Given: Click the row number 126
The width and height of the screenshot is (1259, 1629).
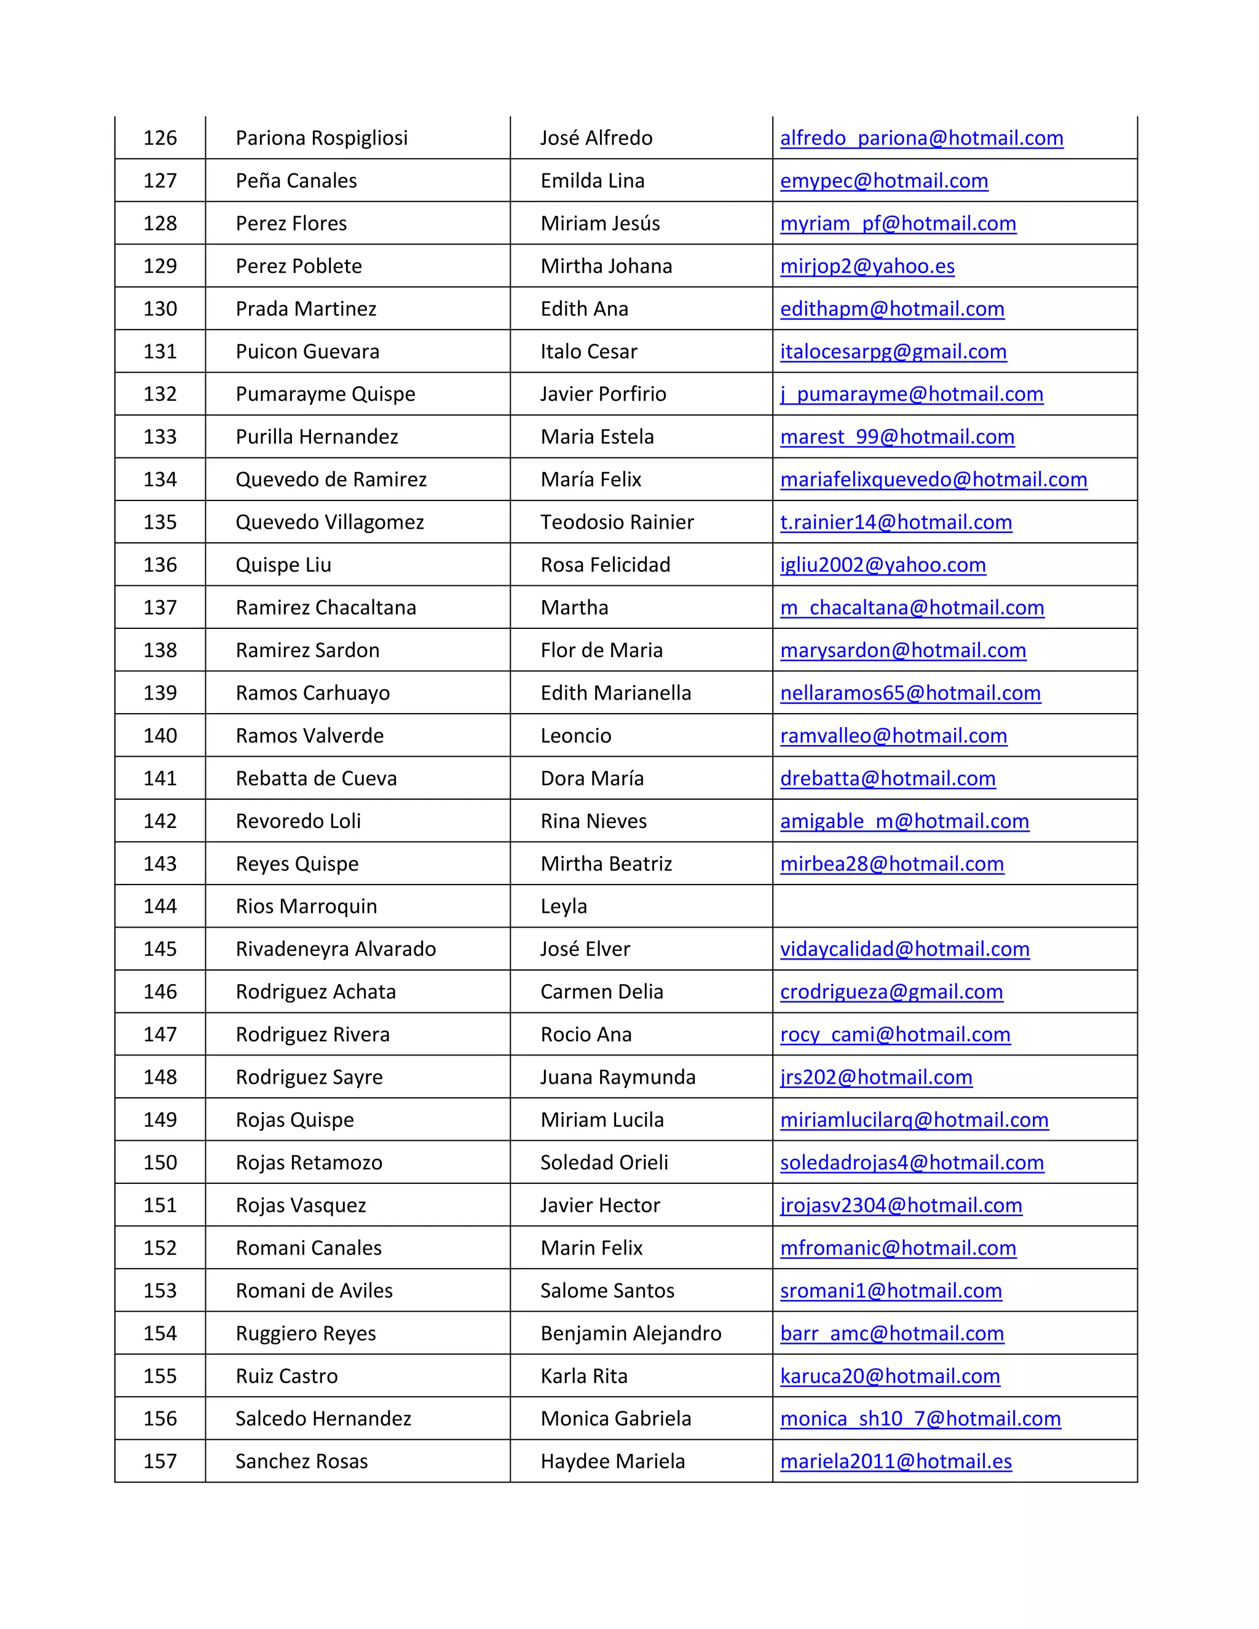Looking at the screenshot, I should pos(160,138).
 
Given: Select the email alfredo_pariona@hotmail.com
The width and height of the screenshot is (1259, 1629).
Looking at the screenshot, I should pos(921,138).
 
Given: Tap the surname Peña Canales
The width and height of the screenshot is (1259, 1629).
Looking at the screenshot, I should pos(296,181).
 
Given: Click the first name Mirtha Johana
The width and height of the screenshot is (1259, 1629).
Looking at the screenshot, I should pos(606,266).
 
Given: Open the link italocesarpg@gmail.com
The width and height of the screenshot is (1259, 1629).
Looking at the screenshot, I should pos(893,351).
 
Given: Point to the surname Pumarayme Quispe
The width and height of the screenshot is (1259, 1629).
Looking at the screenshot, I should pos(325,394).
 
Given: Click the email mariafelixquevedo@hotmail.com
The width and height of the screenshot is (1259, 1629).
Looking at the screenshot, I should pos(933,479).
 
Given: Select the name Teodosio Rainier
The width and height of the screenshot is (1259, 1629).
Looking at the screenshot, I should pos(617,522).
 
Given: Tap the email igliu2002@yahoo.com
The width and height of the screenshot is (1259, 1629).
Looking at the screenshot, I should pos(882,565).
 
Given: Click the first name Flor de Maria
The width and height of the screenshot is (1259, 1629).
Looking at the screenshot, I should pos(601,650).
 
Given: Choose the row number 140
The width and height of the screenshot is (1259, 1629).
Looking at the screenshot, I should pos(160,735).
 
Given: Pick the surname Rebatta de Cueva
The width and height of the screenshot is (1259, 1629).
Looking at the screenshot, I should pos(316,778).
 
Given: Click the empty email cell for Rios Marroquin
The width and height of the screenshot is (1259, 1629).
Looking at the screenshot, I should pos(954,906).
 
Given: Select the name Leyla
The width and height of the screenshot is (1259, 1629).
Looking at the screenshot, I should pos(563,906).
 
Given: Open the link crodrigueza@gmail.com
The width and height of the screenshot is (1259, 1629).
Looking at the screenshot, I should pos(891,992).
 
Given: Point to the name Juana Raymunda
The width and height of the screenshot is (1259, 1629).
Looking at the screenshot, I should pos(618,1077).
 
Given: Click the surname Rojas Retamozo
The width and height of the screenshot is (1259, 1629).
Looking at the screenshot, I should pos(309,1162).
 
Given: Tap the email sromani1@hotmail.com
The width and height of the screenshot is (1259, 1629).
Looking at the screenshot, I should pos(891,1290).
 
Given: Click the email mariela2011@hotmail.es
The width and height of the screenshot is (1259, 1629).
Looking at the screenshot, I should pos(896,1461).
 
